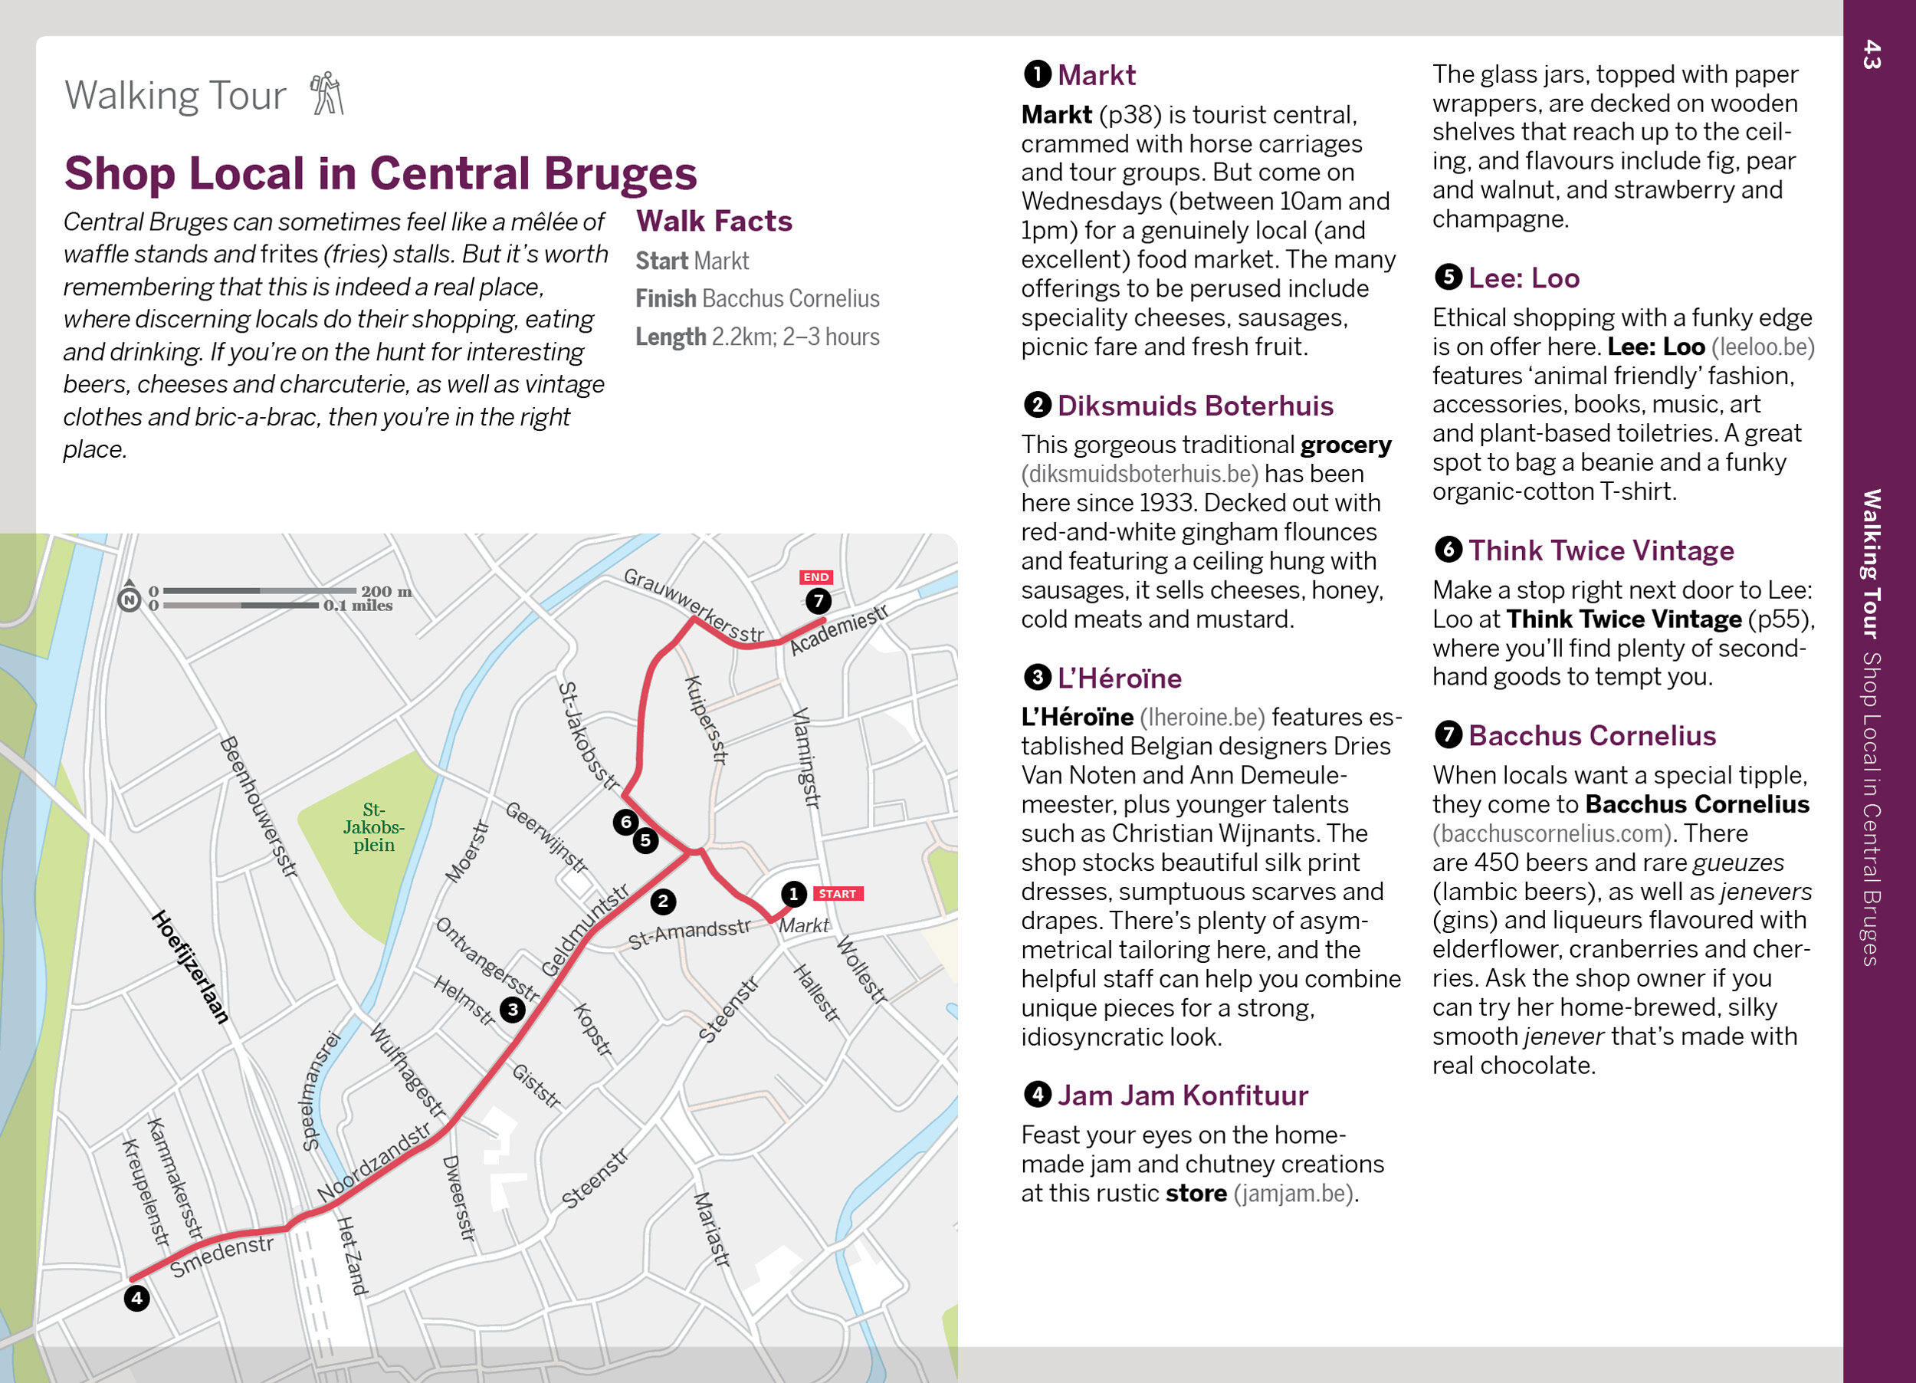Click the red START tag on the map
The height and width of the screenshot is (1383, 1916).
pos(836,893)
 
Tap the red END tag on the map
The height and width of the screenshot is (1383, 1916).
pos(815,577)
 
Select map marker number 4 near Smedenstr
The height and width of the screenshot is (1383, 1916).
pos(137,1298)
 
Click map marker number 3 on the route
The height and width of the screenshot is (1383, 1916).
pos(512,1009)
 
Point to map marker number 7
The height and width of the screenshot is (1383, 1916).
pos(818,601)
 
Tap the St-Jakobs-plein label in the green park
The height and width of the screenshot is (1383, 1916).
pos(373,827)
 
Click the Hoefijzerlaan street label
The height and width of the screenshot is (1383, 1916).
pos(190,967)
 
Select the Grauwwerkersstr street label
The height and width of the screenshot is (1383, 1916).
pos(693,605)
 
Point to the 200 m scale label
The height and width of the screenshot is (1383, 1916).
pos(386,591)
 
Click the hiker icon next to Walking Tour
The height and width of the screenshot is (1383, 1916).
pos(327,93)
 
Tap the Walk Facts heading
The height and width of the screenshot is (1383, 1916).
pos(714,222)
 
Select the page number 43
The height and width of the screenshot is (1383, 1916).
pos(1872,55)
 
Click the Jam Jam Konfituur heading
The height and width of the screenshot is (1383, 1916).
pos(1182,1096)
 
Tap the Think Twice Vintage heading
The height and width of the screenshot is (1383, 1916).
pos(1601,551)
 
